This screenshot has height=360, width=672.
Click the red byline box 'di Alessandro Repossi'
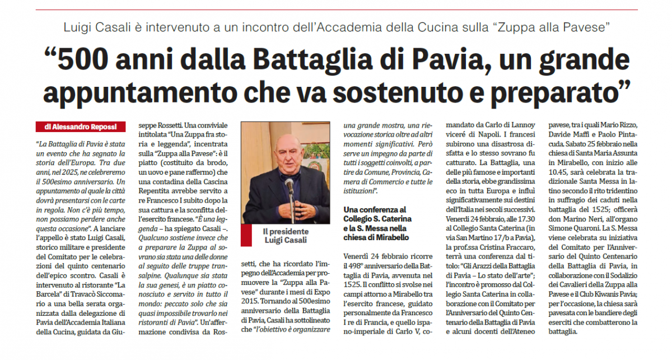coord(81,127)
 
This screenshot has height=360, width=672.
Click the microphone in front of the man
coord(290,185)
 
